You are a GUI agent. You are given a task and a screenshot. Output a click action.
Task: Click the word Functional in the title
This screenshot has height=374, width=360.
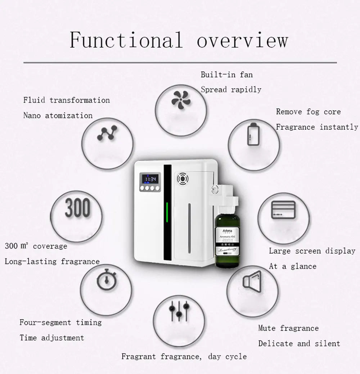126,40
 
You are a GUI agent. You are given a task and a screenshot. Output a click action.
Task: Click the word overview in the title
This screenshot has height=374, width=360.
242,40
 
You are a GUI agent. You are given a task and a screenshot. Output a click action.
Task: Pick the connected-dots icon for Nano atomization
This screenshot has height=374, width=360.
107,133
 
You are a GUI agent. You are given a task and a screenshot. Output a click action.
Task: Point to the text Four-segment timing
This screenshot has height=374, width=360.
60,323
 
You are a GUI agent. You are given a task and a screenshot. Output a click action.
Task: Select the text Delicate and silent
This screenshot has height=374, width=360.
299,343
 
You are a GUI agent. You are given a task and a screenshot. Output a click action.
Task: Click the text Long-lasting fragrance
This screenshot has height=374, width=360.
52,261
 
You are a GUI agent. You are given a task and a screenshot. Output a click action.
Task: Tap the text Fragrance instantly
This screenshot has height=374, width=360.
317,127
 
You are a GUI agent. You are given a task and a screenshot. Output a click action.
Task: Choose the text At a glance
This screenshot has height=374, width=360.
292,266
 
